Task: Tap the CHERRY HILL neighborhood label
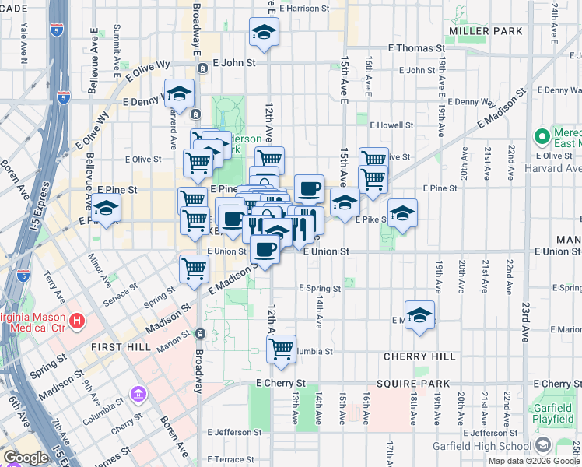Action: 419,356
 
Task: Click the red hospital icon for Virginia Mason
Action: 76,320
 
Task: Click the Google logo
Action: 26,458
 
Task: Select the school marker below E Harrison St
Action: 265,33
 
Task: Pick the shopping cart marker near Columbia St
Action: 282,349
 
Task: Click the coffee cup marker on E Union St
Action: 265,249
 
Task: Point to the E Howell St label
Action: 391,125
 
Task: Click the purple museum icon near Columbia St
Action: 138,395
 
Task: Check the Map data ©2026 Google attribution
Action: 534,460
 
